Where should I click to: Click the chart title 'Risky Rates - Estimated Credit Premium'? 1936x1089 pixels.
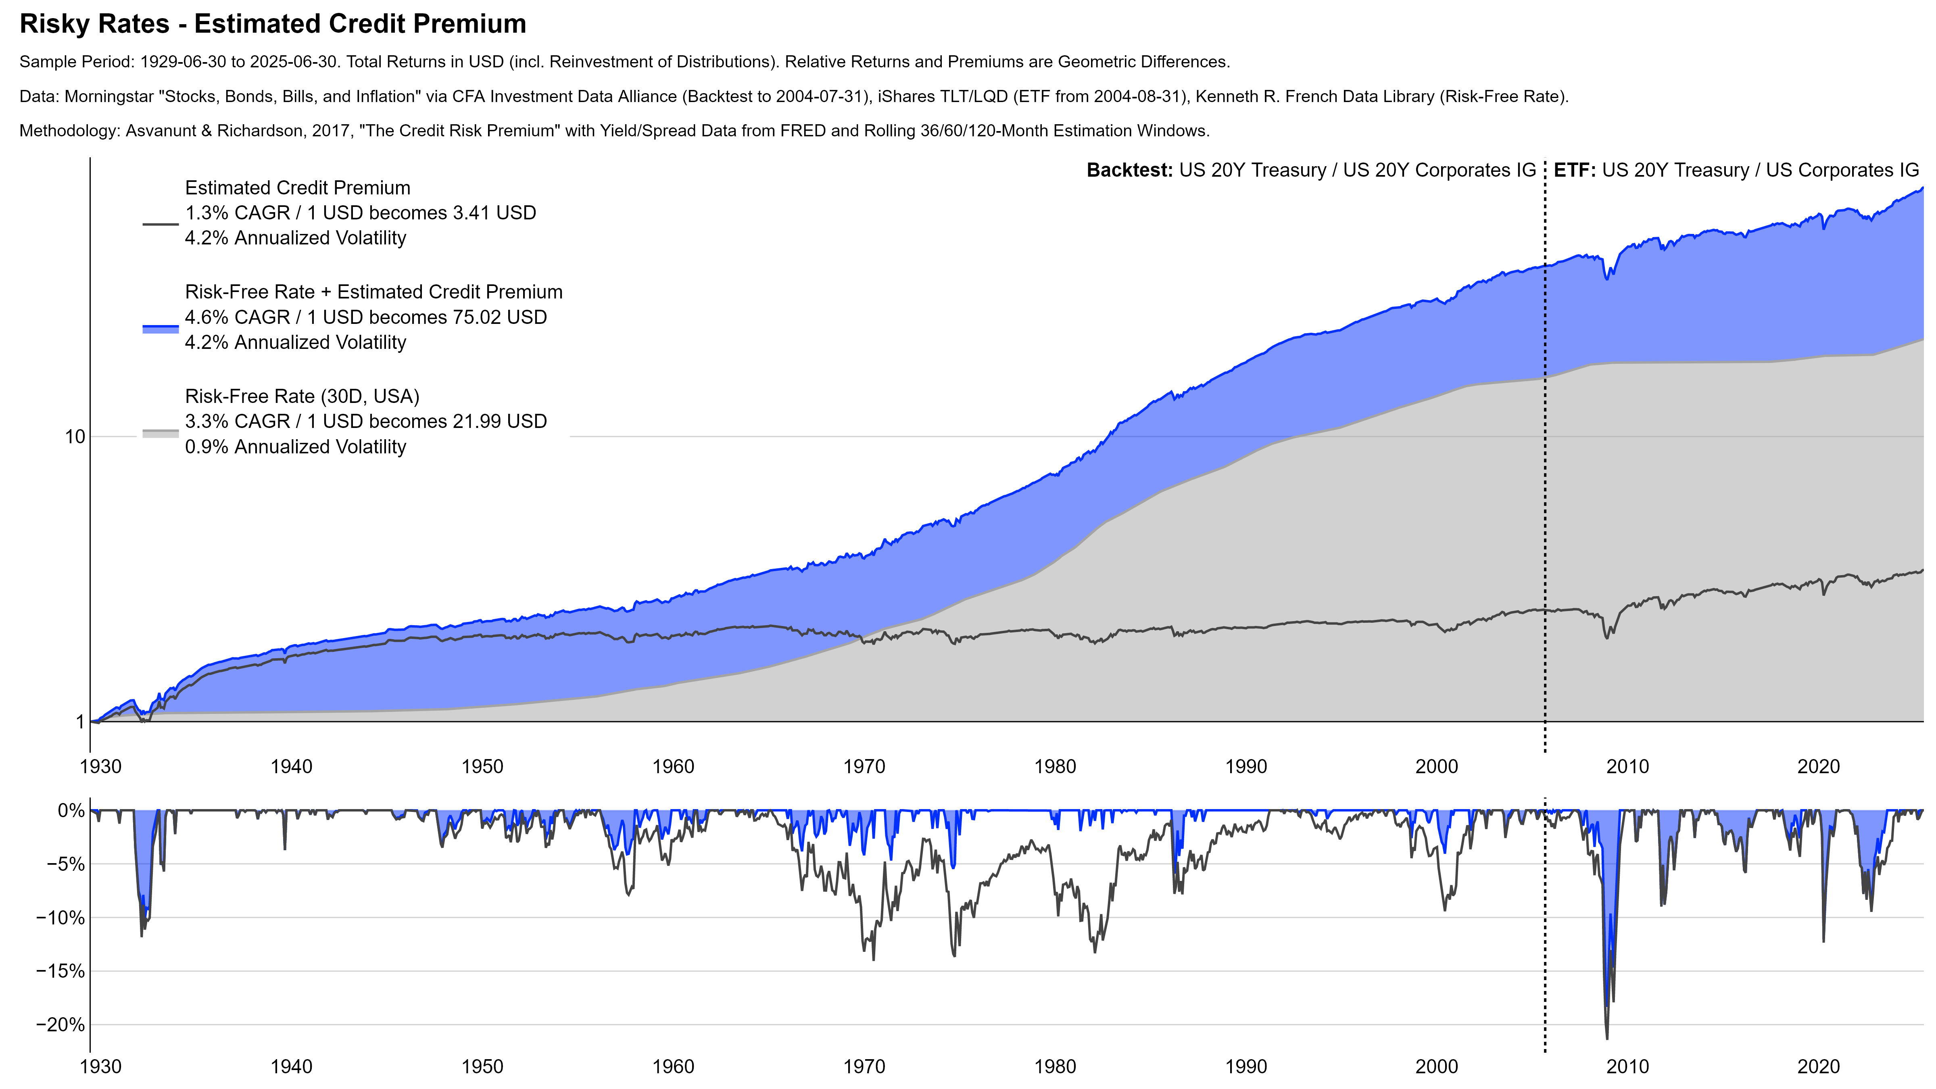pyautogui.click(x=273, y=24)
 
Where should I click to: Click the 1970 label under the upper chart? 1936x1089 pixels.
pyautogui.click(x=864, y=767)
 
